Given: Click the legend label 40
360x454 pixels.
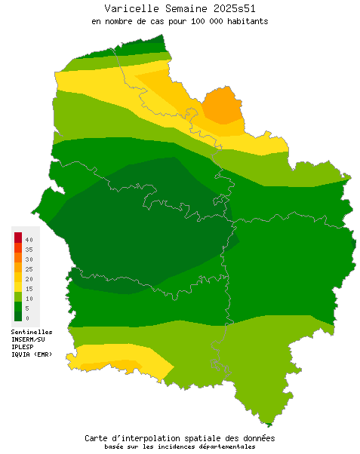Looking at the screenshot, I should [x=29, y=239].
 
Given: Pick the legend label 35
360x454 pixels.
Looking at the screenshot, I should [x=29, y=249].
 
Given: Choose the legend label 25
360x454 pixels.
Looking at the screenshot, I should [x=29, y=268].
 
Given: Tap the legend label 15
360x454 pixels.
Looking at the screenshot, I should [x=29, y=288].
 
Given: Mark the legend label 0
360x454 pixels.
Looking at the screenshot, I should [x=27, y=318].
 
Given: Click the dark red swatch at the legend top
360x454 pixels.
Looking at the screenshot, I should [x=17, y=238].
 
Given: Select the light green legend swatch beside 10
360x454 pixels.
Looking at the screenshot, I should [x=17, y=297].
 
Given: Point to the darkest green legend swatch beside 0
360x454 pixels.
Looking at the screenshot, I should [x=17, y=317].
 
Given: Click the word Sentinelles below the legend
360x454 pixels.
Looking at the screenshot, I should [x=32, y=332].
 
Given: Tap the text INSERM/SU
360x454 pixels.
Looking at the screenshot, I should [x=29, y=339].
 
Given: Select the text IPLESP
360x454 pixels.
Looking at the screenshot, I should [x=23, y=347].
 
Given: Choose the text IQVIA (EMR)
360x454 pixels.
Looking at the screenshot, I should [x=32, y=354].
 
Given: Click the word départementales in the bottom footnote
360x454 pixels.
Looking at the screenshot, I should [x=226, y=446].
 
